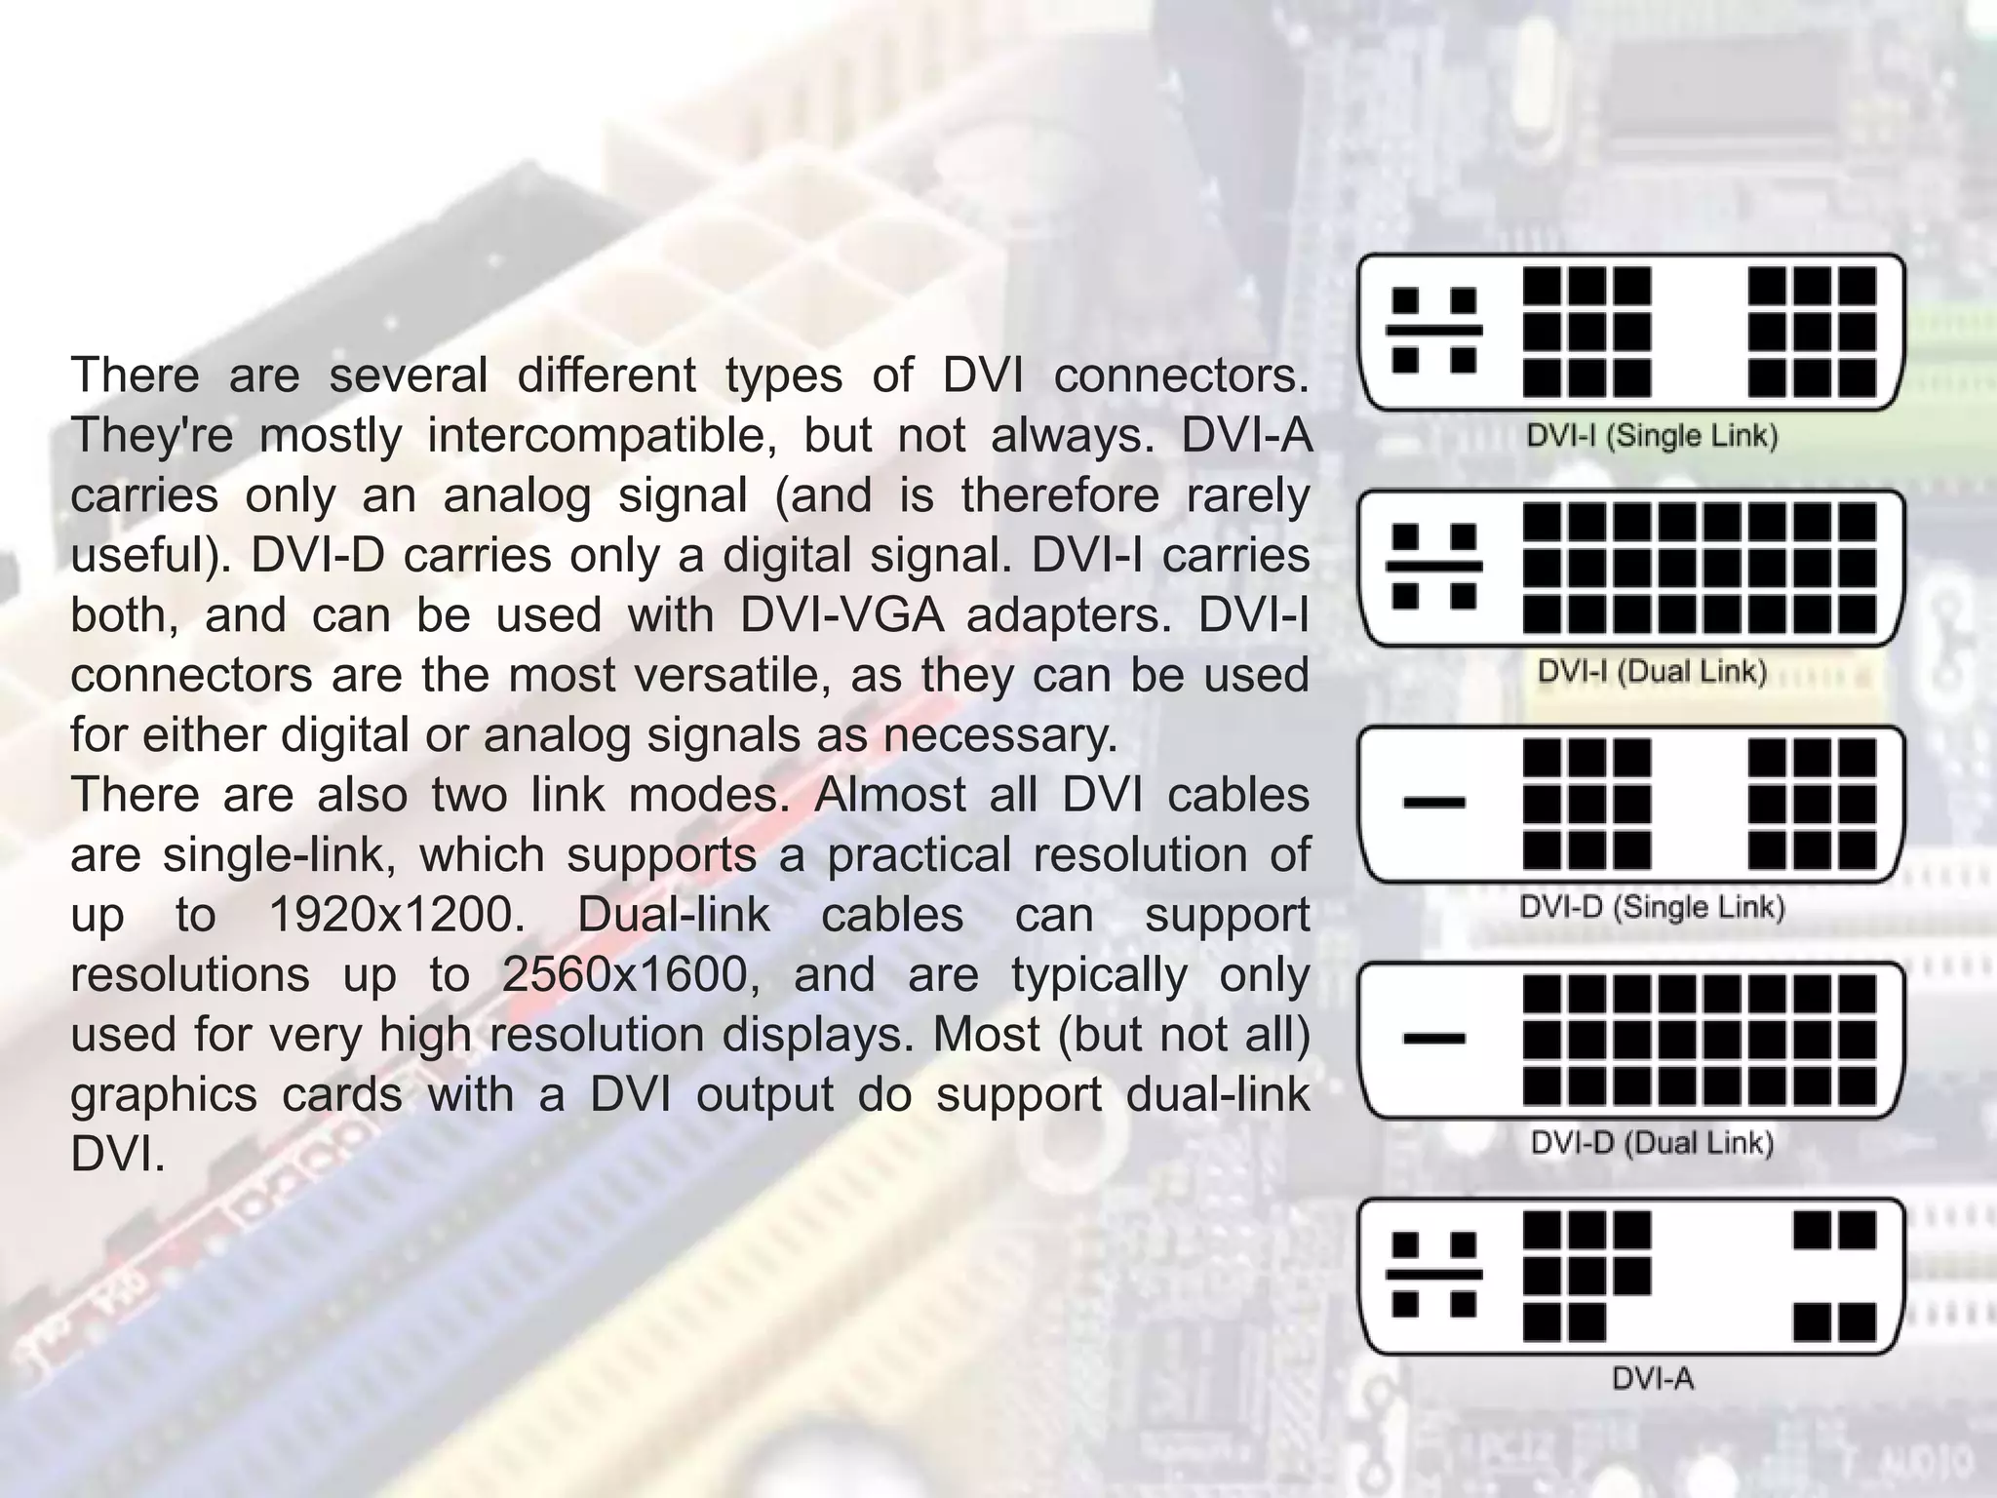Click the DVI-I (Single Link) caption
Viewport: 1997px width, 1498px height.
[x=1652, y=435]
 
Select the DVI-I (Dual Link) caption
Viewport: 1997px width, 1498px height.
[x=1652, y=671]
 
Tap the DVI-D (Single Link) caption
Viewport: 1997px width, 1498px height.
[x=1652, y=907]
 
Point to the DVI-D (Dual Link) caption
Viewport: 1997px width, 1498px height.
[x=1652, y=1143]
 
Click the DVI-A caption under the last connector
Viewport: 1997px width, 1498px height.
[x=1652, y=1379]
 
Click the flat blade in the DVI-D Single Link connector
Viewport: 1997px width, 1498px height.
[x=1434, y=803]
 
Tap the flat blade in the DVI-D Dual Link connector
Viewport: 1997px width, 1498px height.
[x=1434, y=1039]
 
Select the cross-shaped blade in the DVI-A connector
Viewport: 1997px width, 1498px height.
[x=1434, y=1275]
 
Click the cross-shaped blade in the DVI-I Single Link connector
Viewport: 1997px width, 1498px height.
[x=1434, y=330]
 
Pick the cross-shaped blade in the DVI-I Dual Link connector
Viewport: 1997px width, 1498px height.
[x=1434, y=567]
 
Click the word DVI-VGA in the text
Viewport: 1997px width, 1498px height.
[x=842, y=615]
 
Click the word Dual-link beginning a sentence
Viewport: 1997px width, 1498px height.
[x=673, y=915]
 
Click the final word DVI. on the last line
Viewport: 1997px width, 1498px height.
[x=117, y=1155]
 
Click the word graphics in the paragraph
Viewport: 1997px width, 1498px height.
[x=163, y=1095]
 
